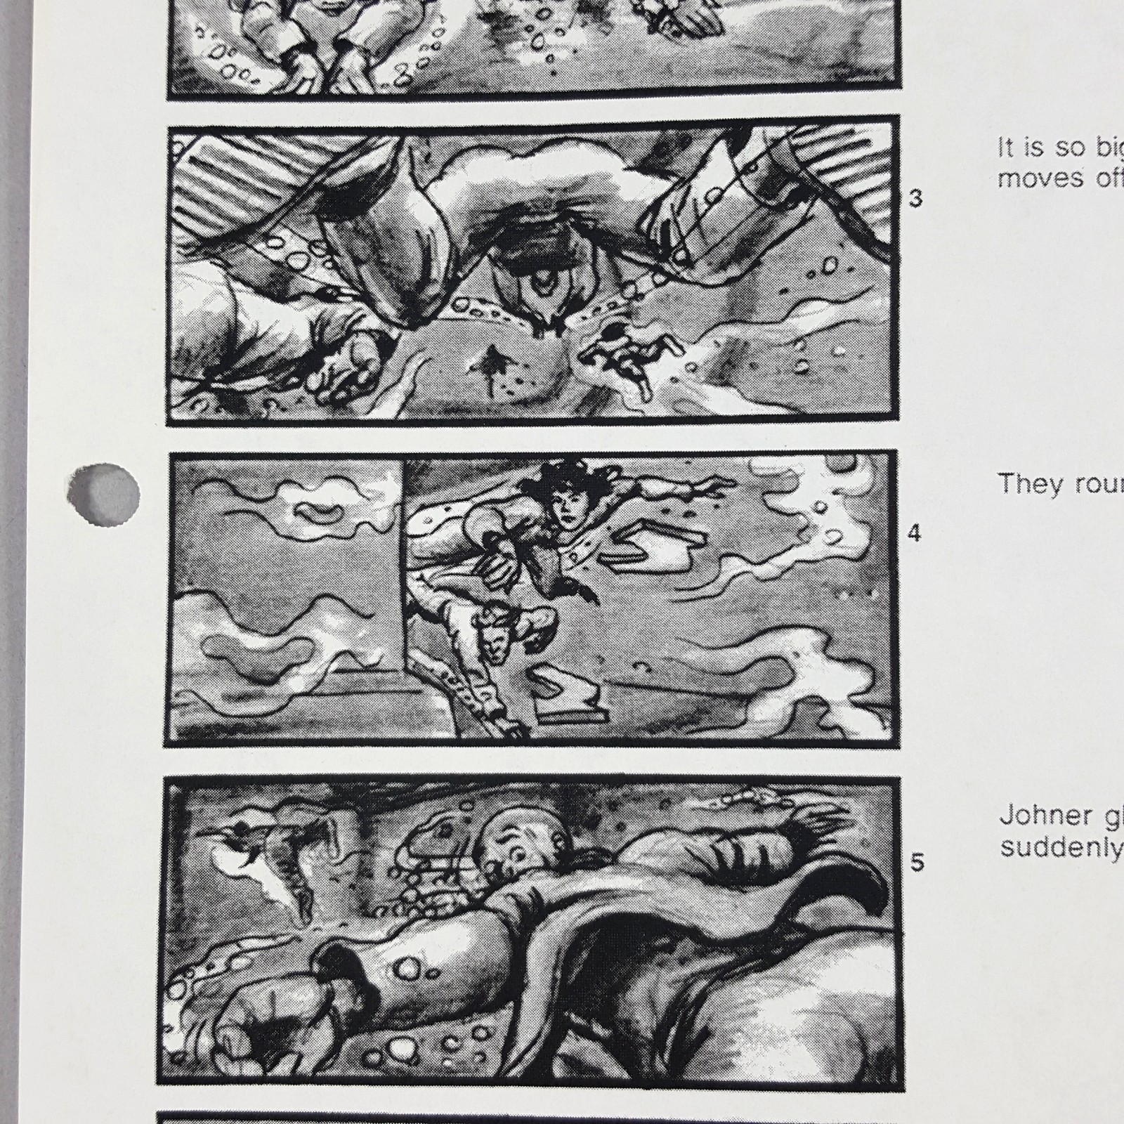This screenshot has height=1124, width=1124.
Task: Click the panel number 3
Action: tap(915, 199)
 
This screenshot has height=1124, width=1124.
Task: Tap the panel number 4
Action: tap(914, 533)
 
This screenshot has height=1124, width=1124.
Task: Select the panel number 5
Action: tap(917, 862)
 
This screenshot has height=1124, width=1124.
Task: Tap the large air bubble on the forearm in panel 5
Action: tap(407, 969)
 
